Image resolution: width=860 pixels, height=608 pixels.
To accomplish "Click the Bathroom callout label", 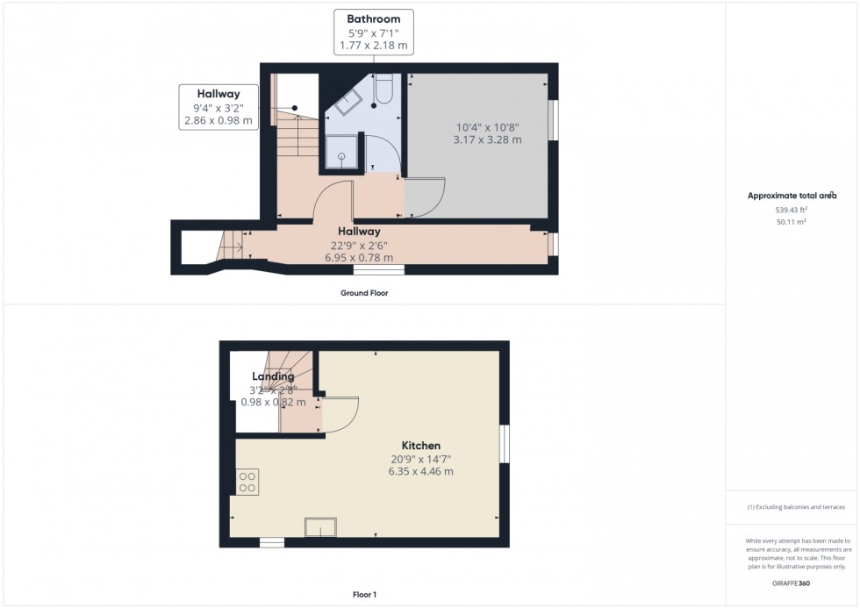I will click(373, 32).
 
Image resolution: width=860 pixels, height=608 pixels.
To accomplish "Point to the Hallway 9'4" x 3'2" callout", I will click(219, 106).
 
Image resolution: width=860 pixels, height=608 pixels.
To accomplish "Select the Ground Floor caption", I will click(364, 293).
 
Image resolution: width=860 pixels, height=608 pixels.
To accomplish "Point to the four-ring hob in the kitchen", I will click(247, 481).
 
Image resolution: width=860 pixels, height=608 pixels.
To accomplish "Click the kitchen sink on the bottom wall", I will click(320, 527).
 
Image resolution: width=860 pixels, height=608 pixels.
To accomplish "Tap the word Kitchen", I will click(421, 446).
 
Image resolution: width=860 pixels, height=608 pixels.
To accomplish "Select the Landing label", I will click(273, 376).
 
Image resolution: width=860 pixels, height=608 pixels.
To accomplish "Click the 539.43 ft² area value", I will click(792, 210).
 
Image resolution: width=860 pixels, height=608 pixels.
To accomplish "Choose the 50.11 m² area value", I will click(792, 222).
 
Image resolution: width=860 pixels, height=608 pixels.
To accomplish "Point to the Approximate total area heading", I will click(792, 196).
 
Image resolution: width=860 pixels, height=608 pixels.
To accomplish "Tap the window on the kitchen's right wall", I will click(505, 443).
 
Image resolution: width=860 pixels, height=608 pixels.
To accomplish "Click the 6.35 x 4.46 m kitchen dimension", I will click(421, 471).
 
